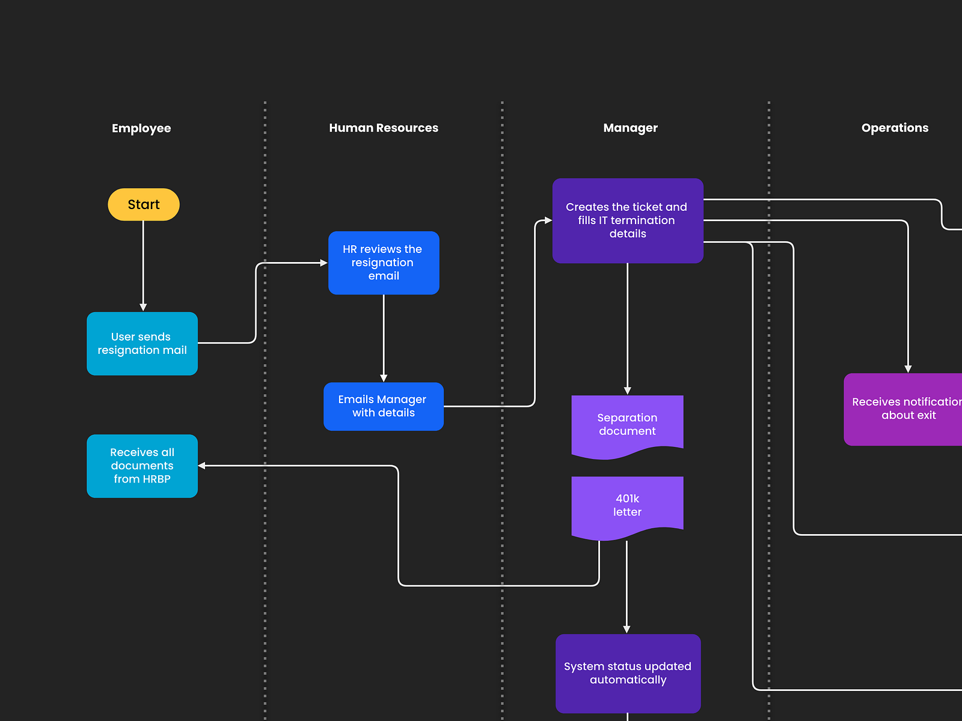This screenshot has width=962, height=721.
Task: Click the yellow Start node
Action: coord(143,204)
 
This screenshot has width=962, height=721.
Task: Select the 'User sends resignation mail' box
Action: coord(142,344)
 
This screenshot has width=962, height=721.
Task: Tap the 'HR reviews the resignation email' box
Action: coord(384,263)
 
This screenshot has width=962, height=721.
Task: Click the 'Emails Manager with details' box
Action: coord(384,406)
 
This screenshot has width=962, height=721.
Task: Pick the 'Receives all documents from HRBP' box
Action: coord(142,466)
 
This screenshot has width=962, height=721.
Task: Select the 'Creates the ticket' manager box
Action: coord(627,221)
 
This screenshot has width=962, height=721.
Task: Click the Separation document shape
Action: coord(627,424)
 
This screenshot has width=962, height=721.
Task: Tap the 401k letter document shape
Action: coord(627,505)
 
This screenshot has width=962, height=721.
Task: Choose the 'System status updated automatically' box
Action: coord(628,673)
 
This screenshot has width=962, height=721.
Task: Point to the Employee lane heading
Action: coord(141,128)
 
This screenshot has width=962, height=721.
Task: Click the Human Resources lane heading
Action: coord(384,128)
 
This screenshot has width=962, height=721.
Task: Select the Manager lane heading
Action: coord(630,128)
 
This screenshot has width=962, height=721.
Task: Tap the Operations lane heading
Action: coord(895,128)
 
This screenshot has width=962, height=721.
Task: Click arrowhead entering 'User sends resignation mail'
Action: coord(143,307)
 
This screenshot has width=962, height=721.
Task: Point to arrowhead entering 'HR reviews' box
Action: coord(323,263)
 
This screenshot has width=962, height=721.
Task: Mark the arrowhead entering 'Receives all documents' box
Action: coord(202,466)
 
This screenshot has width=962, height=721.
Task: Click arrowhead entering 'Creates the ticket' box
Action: coord(548,221)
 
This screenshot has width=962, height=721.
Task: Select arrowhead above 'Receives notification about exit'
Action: coord(908,369)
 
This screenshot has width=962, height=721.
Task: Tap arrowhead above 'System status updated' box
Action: coord(627,629)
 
